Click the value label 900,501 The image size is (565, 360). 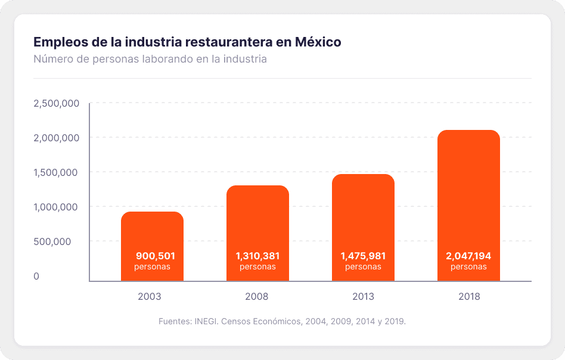coord(156,256)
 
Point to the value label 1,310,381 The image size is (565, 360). coord(257,256)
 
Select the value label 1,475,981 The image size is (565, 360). coord(363,256)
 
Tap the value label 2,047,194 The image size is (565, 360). coord(468,256)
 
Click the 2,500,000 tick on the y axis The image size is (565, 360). coord(57,104)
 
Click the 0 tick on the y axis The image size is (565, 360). coord(36,277)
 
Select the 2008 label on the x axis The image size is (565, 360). coord(257,296)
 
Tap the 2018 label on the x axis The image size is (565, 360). coord(469,296)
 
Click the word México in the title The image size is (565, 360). coord(318,42)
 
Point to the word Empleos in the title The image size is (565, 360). coord(57,42)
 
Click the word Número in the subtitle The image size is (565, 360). coord(52,60)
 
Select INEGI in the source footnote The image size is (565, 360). coord(206,321)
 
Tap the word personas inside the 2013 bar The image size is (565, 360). coord(363,266)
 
